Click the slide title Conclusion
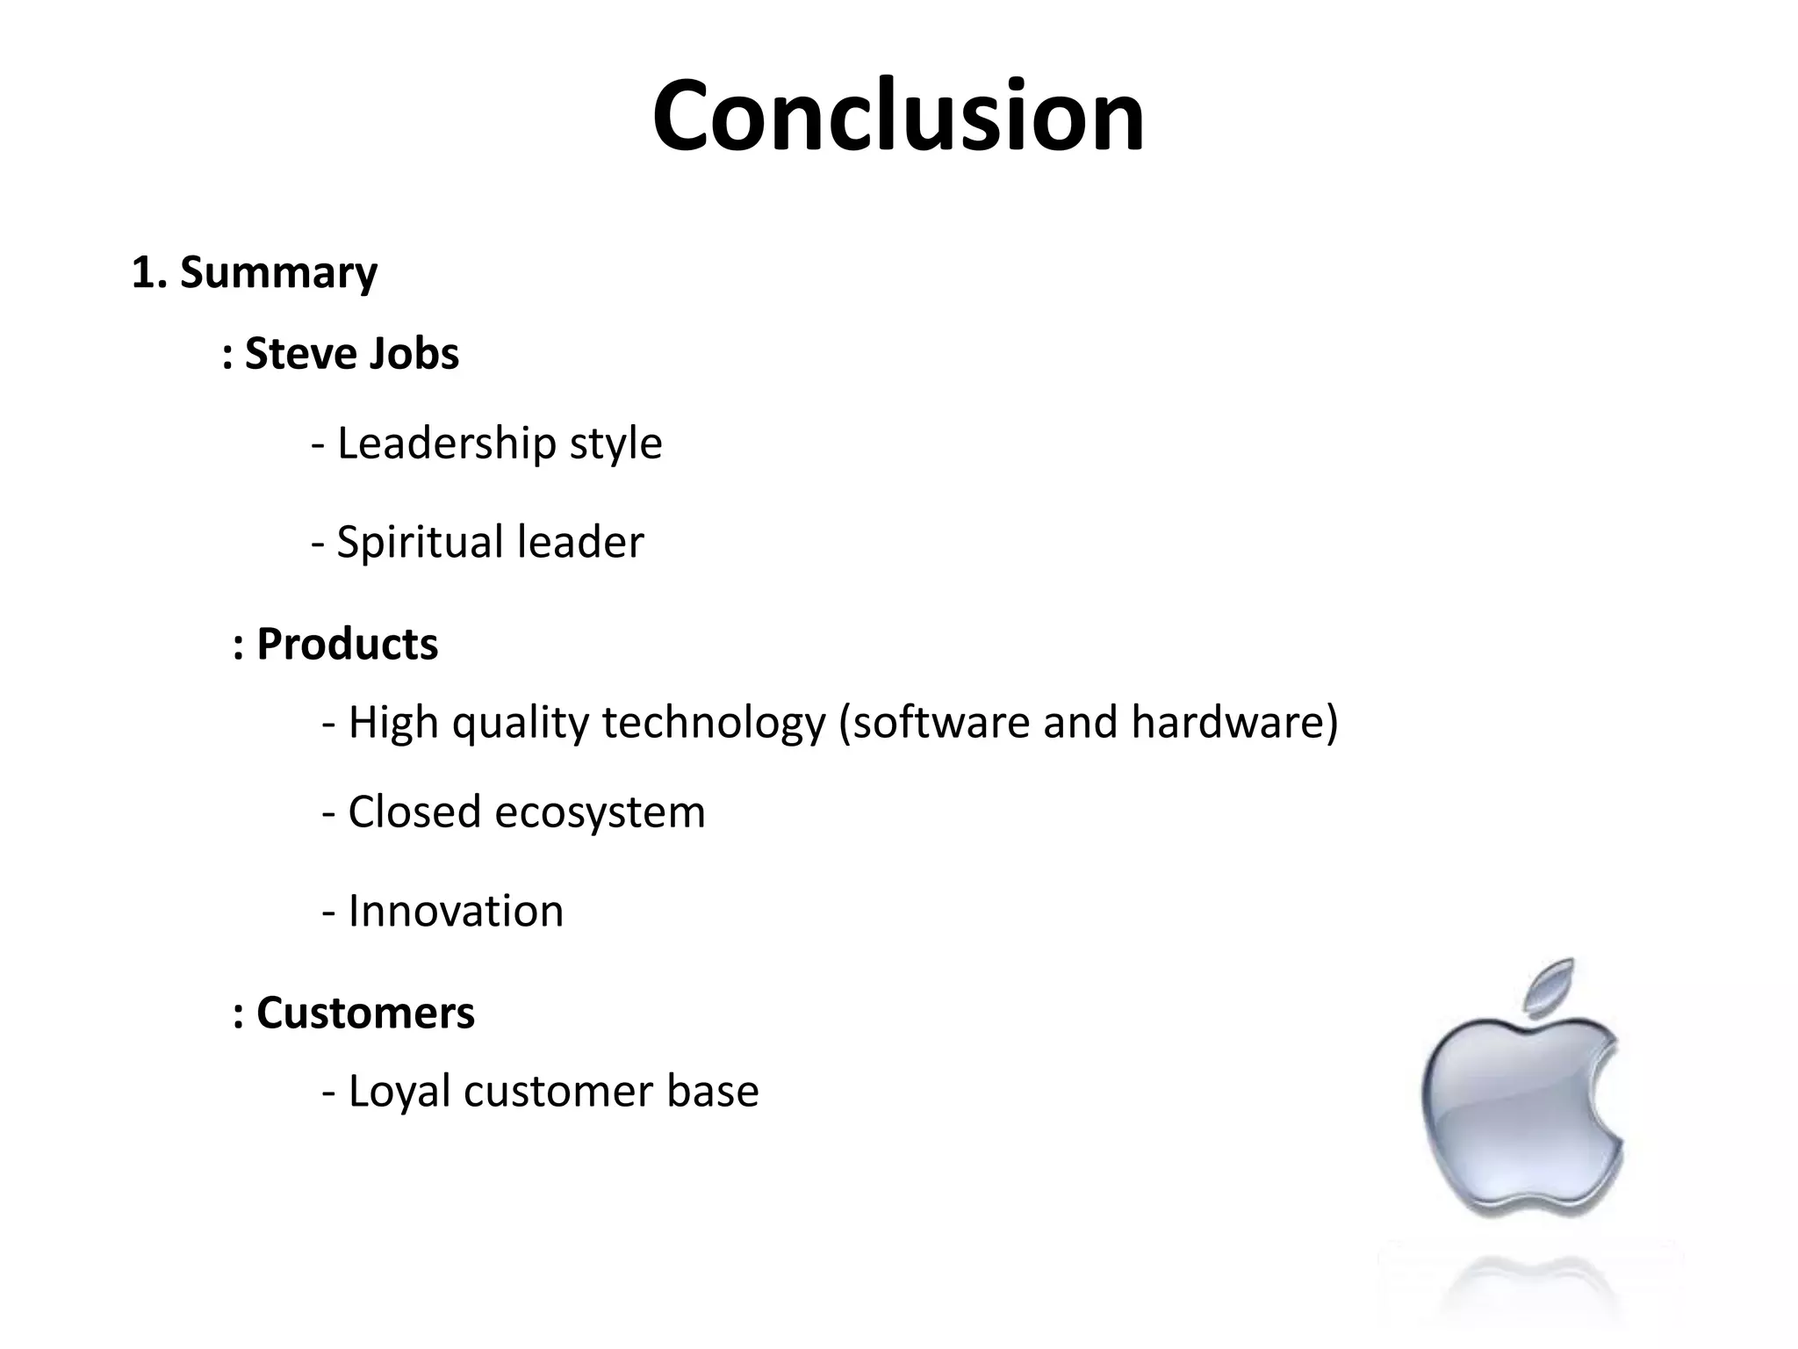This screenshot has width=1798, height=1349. point(898,117)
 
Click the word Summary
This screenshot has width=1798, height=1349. point(278,272)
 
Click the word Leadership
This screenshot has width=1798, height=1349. point(446,444)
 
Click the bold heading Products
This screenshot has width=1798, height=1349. point(347,644)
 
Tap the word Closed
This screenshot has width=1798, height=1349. point(414,812)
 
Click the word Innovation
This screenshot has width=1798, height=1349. point(456,912)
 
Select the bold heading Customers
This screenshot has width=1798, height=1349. point(365,1013)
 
